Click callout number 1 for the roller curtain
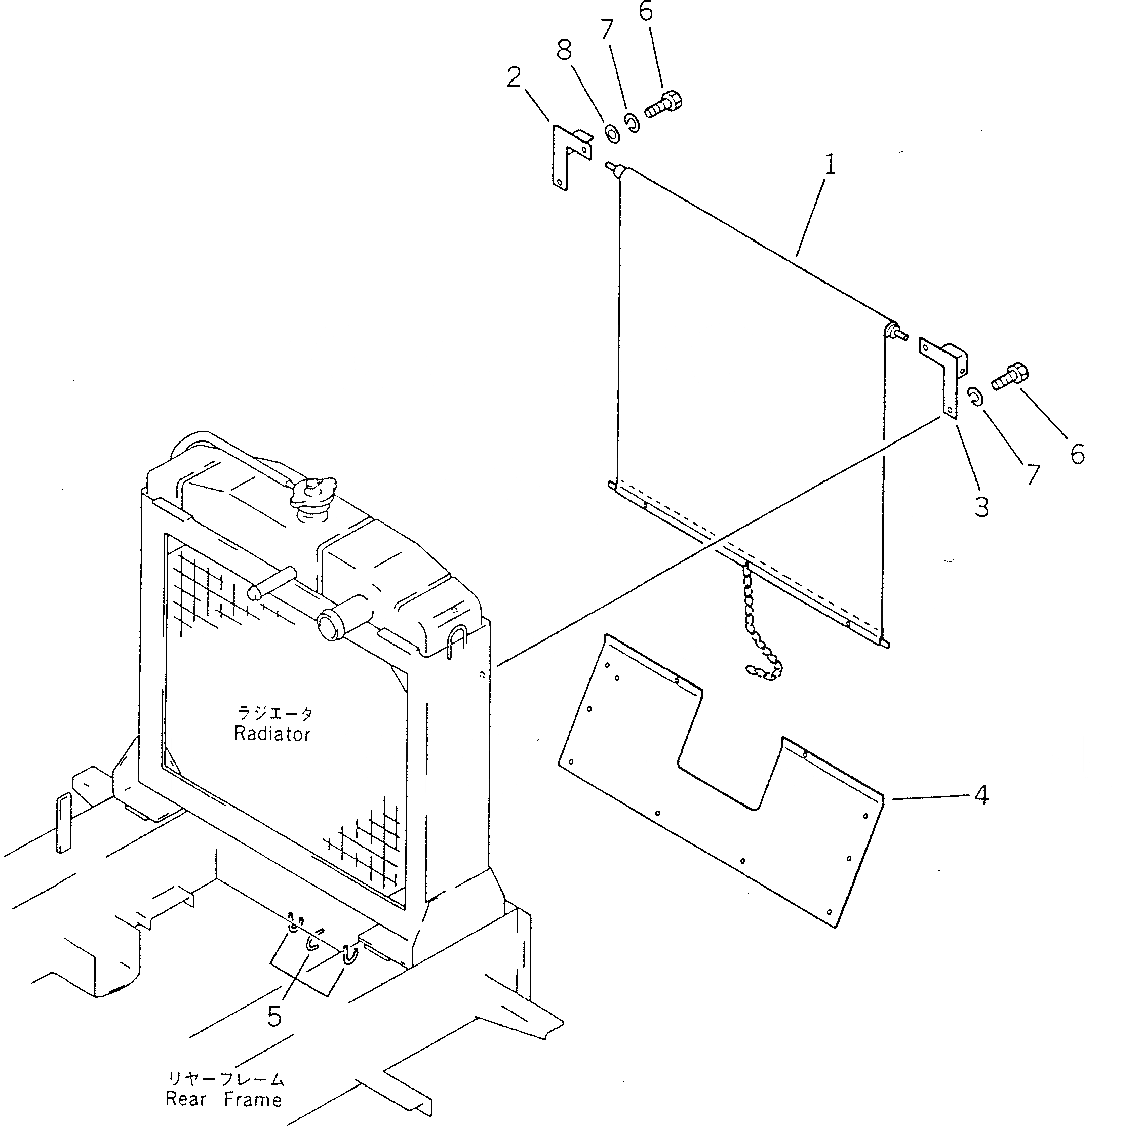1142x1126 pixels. pyautogui.click(x=831, y=165)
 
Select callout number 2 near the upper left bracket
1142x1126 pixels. pyautogui.click(x=514, y=77)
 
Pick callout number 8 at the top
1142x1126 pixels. pyautogui.click(x=564, y=51)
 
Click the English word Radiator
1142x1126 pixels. pyautogui.click(x=272, y=734)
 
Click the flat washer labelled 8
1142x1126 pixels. pyautogui.click(x=612, y=133)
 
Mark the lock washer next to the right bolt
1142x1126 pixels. pyautogui.click(x=976, y=396)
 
